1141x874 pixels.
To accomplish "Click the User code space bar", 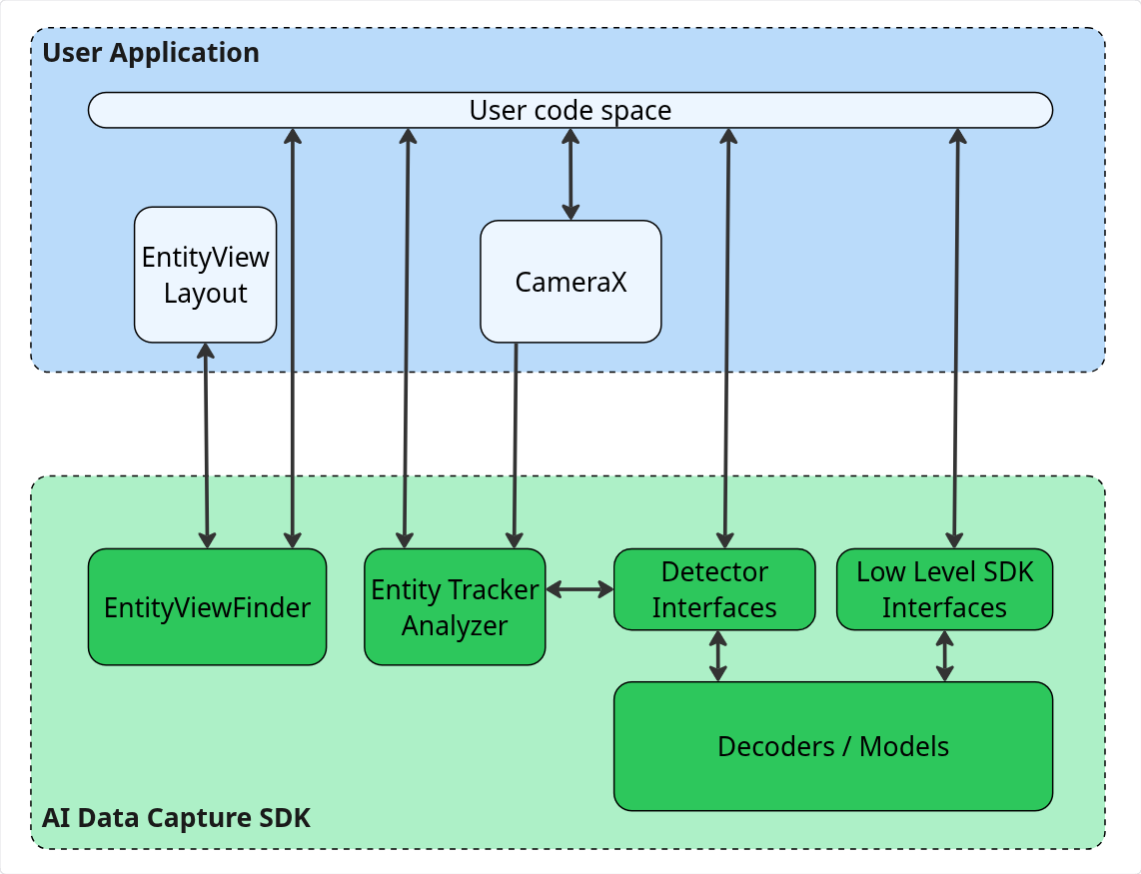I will (x=570, y=110).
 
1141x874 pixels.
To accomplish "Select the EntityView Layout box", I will (x=206, y=275).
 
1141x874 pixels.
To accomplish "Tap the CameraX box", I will (x=570, y=282).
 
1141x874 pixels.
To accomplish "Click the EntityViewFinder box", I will (x=207, y=607).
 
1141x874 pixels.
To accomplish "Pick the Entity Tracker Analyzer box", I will (x=455, y=607).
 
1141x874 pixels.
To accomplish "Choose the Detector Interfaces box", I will (x=713, y=589).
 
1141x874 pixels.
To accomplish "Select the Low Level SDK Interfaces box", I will (x=944, y=589).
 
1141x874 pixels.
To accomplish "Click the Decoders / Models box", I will (x=832, y=746).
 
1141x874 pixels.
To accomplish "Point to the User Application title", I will (x=151, y=53).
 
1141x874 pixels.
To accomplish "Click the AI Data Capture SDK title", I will (x=176, y=818).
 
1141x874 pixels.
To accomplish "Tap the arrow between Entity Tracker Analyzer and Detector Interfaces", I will (x=579, y=590).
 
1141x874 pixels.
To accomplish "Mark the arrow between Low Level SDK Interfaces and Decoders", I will (x=945, y=655).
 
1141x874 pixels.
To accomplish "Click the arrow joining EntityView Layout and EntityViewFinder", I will (x=207, y=444).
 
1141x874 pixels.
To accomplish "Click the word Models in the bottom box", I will (x=904, y=746).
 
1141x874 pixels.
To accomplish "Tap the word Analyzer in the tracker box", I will (x=455, y=626).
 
